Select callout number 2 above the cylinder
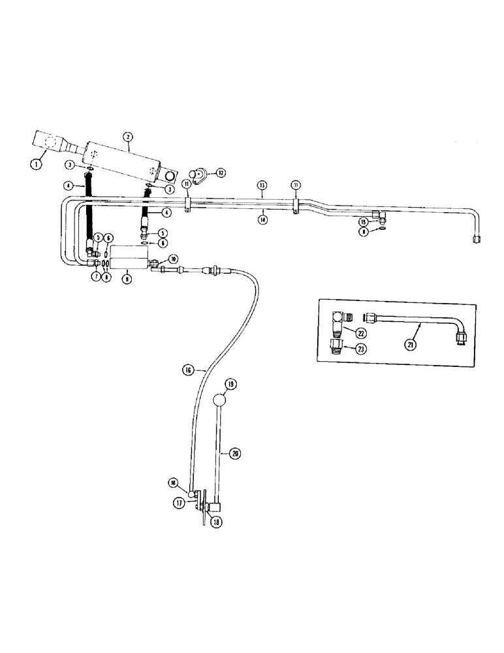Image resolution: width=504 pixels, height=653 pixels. pyautogui.click(x=128, y=136)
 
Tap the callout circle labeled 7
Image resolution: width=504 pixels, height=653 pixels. pyautogui.click(x=95, y=277)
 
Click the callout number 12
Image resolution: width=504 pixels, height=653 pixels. pyautogui.click(x=221, y=173)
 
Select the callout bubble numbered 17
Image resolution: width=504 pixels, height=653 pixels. pyautogui.click(x=178, y=503)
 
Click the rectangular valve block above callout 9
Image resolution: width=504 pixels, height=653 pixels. pyautogui.click(x=127, y=256)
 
